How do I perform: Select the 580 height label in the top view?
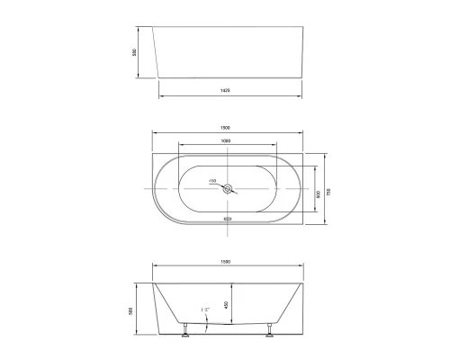135,53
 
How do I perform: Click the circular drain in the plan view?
230,189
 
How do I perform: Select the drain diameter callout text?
213,181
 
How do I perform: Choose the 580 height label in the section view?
132,310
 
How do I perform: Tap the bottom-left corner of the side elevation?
159,79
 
